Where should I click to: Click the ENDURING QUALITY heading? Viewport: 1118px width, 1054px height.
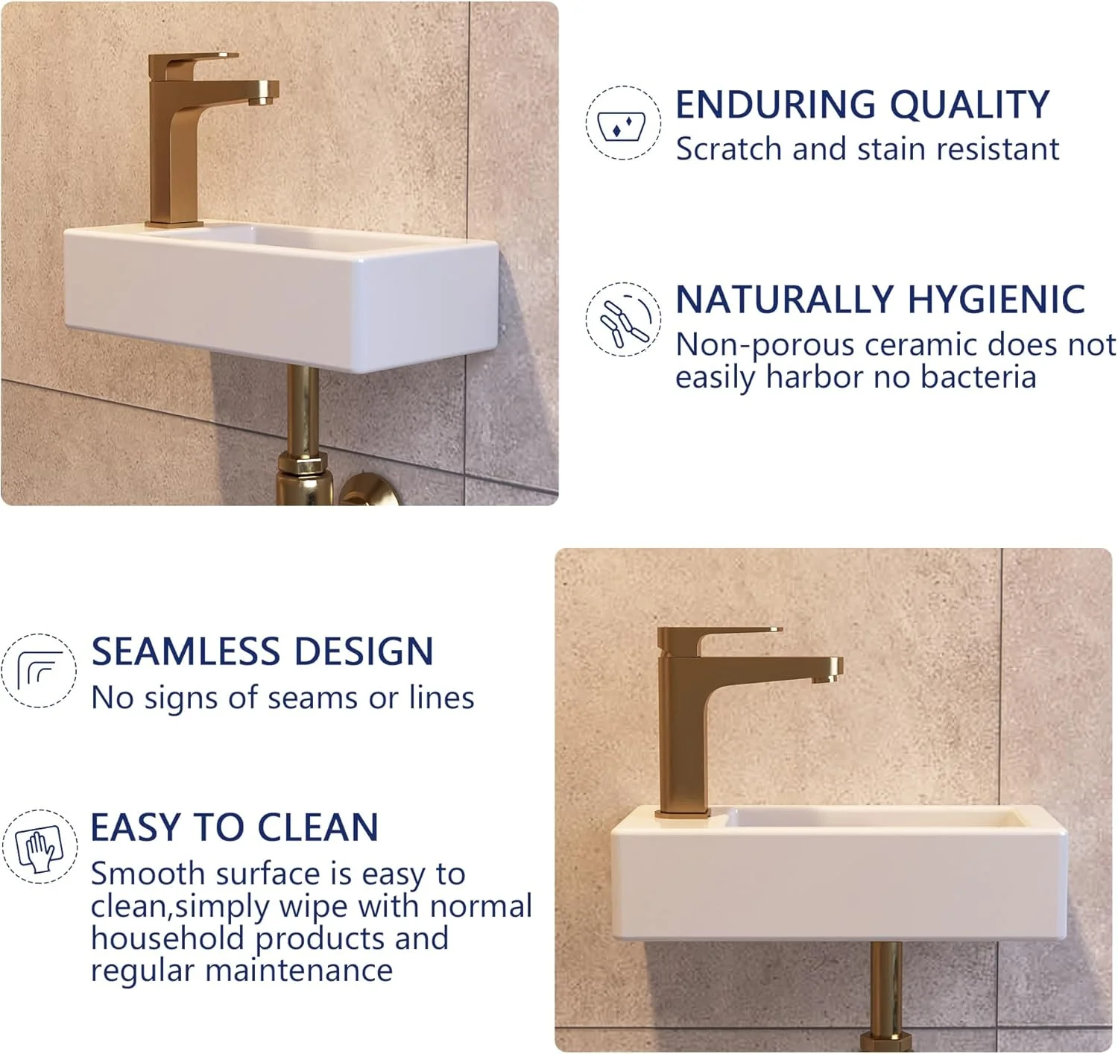click(862, 104)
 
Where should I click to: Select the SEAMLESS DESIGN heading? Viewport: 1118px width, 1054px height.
click(262, 651)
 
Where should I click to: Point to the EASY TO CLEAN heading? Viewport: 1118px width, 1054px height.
click(235, 827)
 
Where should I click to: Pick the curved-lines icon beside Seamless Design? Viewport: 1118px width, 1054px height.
click(39, 671)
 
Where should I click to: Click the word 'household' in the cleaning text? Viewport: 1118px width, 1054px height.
click(167, 938)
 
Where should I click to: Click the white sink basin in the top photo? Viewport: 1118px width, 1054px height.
click(281, 296)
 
